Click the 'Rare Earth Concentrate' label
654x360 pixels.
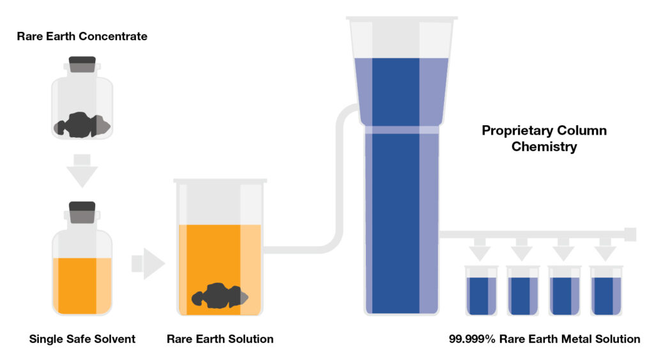coord(82,36)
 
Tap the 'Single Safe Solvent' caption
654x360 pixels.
coord(82,339)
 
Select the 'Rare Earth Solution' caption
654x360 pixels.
coord(220,339)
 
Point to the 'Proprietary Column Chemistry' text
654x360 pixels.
coord(544,139)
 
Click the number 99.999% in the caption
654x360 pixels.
coord(472,339)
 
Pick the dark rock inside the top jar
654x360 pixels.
coord(82,125)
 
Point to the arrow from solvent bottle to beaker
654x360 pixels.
coord(148,264)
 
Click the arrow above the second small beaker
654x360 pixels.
coord(522,250)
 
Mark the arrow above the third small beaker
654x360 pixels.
coord(564,250)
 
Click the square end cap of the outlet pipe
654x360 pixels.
coord(630,234)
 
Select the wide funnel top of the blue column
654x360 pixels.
coord(401,70)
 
